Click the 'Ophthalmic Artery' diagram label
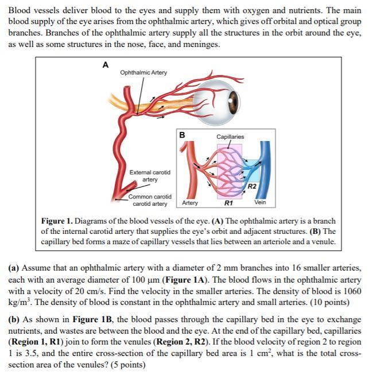point(143,72)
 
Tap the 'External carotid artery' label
point(150,175)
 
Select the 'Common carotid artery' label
point(150,200)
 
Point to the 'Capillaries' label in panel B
point(230,136)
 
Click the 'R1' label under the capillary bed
point(228,202)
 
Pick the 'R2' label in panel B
point(251,186)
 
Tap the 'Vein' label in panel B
point(261,202)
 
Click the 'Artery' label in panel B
point(190,202)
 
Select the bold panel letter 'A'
point(105,65)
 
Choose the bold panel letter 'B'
point(182,135)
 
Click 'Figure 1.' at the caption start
point(57,221)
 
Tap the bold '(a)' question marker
point(15,268)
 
